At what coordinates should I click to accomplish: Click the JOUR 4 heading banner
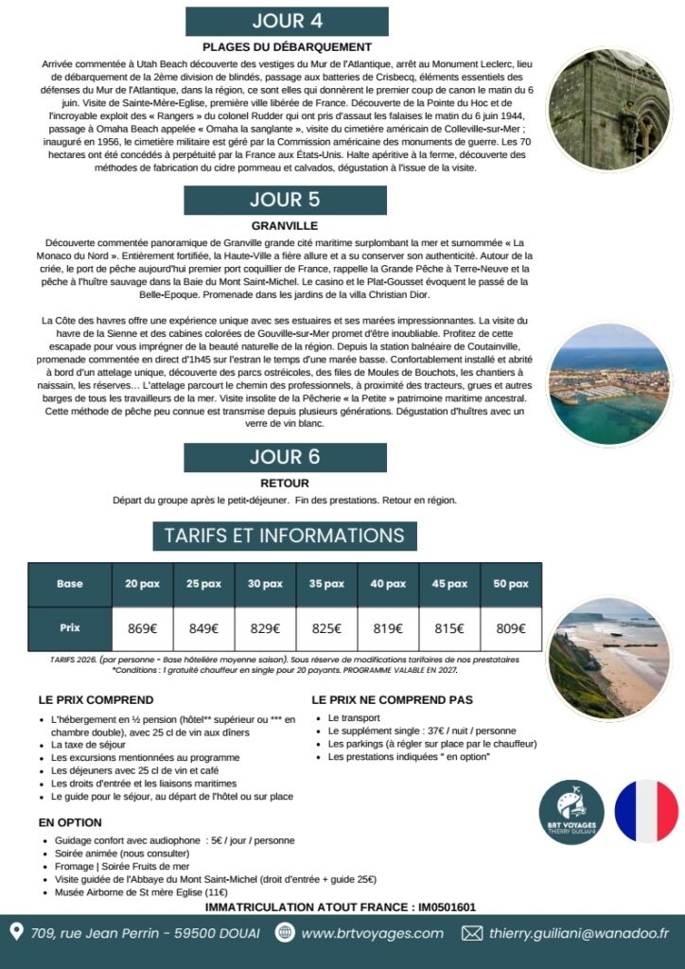point(287,21)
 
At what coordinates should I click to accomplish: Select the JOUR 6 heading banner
point(285,456)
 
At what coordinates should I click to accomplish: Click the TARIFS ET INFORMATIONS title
point(284,535)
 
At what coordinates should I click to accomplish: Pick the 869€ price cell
point(142,628)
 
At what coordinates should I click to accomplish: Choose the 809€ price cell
point(511,628)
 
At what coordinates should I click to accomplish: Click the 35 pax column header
point(326,584)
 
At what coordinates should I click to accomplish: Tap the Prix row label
point(70,628)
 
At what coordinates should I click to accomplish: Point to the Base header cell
point(70,584)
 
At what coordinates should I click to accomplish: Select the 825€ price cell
point(326,628)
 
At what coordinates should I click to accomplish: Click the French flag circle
point(646,811)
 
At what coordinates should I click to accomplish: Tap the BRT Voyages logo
point(571,811)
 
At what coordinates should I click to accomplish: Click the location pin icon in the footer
point(16,933)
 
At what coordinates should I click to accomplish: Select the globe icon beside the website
point(285,933)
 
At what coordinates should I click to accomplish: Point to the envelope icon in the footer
point(471,933)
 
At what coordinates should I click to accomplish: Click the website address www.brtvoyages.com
point(372,933)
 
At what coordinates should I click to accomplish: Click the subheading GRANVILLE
point(285,226)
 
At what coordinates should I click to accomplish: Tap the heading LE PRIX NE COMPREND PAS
point(392,700)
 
